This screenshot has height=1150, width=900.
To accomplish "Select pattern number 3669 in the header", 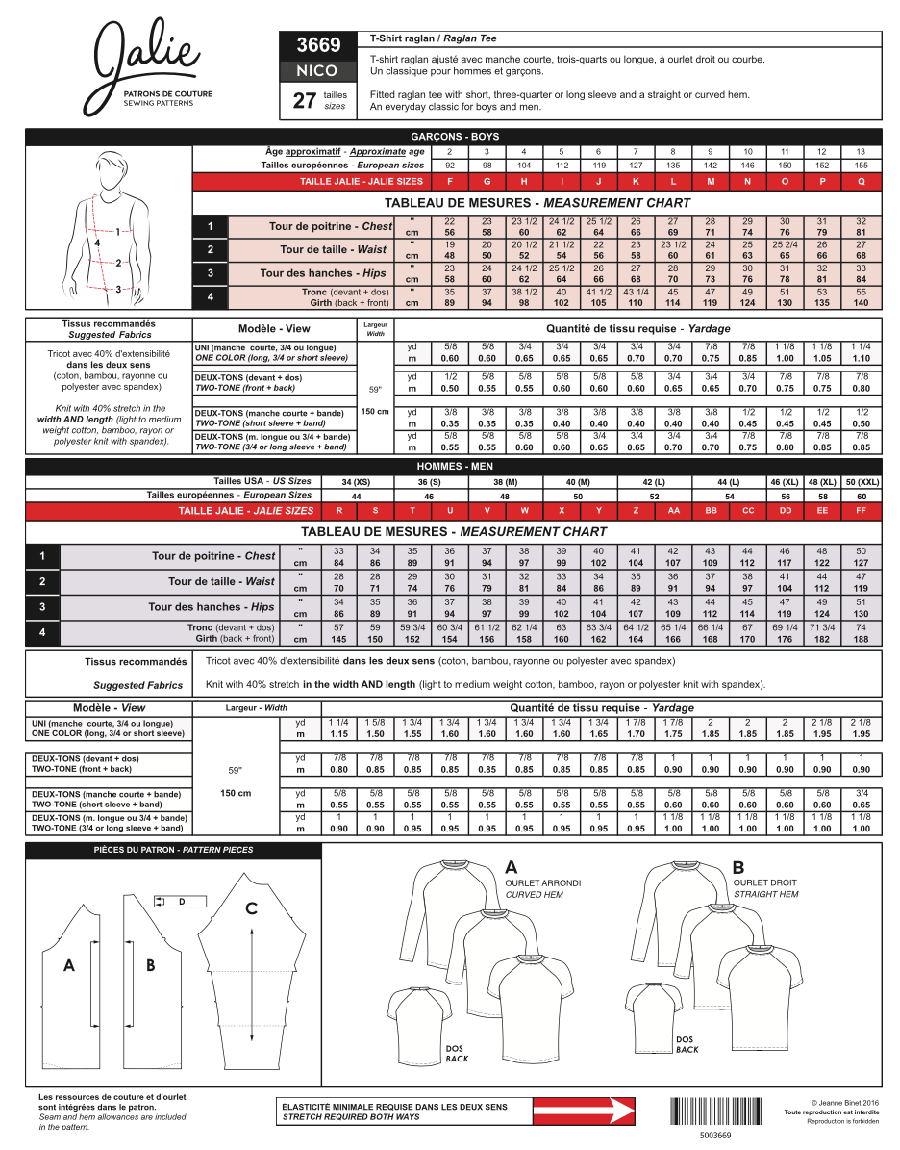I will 318,45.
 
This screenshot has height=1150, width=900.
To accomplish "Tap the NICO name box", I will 318,70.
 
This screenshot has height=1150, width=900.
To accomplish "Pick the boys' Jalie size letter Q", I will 861,181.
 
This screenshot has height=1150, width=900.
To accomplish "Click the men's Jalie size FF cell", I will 861,511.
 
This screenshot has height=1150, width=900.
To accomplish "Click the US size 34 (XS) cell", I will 356,481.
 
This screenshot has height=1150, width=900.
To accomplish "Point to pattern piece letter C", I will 251,907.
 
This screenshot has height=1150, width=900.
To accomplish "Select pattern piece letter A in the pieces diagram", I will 69,965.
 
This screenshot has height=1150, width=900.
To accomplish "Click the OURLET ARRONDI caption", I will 543,882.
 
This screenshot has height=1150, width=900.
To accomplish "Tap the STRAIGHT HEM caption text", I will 765,894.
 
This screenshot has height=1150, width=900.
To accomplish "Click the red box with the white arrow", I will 585,1112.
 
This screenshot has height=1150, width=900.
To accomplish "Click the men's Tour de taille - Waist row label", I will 221,581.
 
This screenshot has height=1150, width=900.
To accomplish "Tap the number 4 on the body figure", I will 97,244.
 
